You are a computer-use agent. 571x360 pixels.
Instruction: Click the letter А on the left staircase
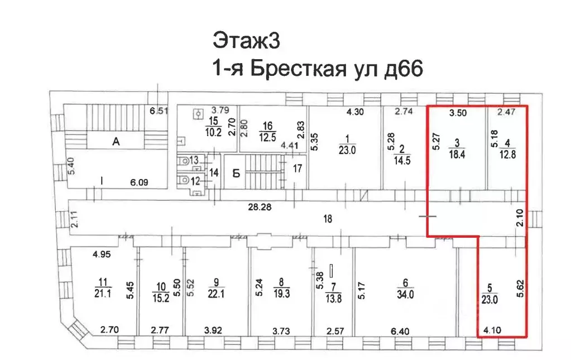[x=116, y=142]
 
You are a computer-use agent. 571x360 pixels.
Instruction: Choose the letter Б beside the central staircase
[x=236, y=173]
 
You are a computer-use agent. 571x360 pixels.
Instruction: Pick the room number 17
[x=298, y=167]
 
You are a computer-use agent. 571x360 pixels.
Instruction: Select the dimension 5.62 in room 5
[x=520, y=294]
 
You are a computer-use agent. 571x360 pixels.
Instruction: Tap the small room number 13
[x=194, y=161]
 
